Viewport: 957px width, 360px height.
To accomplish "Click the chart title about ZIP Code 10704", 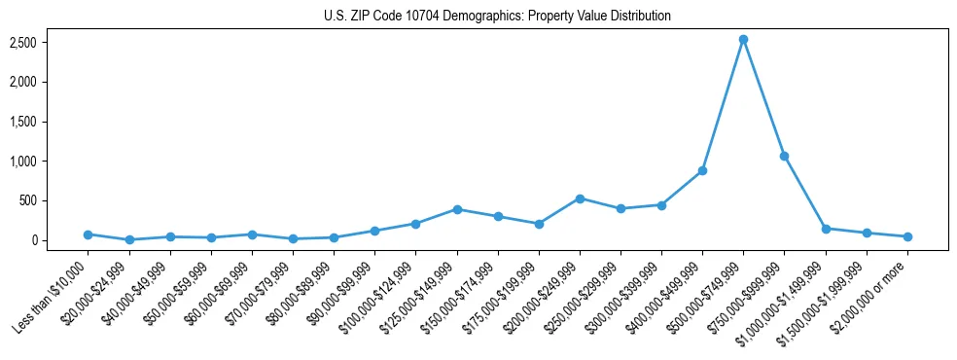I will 497,16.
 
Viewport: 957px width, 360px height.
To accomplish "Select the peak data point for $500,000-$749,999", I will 743,40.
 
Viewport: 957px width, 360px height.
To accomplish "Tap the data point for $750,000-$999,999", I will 784,156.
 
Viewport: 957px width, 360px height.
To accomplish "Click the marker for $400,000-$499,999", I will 702,170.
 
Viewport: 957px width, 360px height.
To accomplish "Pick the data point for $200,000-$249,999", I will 580,198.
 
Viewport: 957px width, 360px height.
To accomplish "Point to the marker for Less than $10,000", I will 89,234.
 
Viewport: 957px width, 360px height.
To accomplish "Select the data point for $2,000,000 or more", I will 907,236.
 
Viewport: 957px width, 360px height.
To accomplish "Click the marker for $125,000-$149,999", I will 457,209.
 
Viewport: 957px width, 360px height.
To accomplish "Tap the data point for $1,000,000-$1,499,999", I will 826,229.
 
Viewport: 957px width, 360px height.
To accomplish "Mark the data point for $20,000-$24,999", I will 129,239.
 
